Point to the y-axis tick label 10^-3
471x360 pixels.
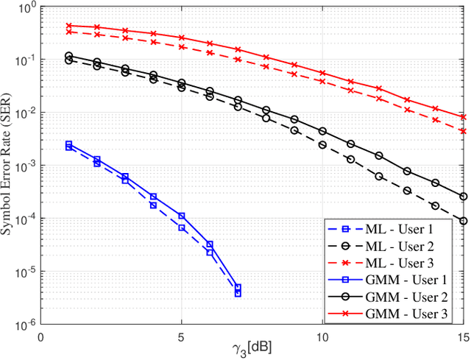coord(26,166)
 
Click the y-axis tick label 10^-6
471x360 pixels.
coord(26,325)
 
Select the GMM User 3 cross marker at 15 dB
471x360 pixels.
coord(463,116)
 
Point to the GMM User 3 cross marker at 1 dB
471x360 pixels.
coord(68,26)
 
